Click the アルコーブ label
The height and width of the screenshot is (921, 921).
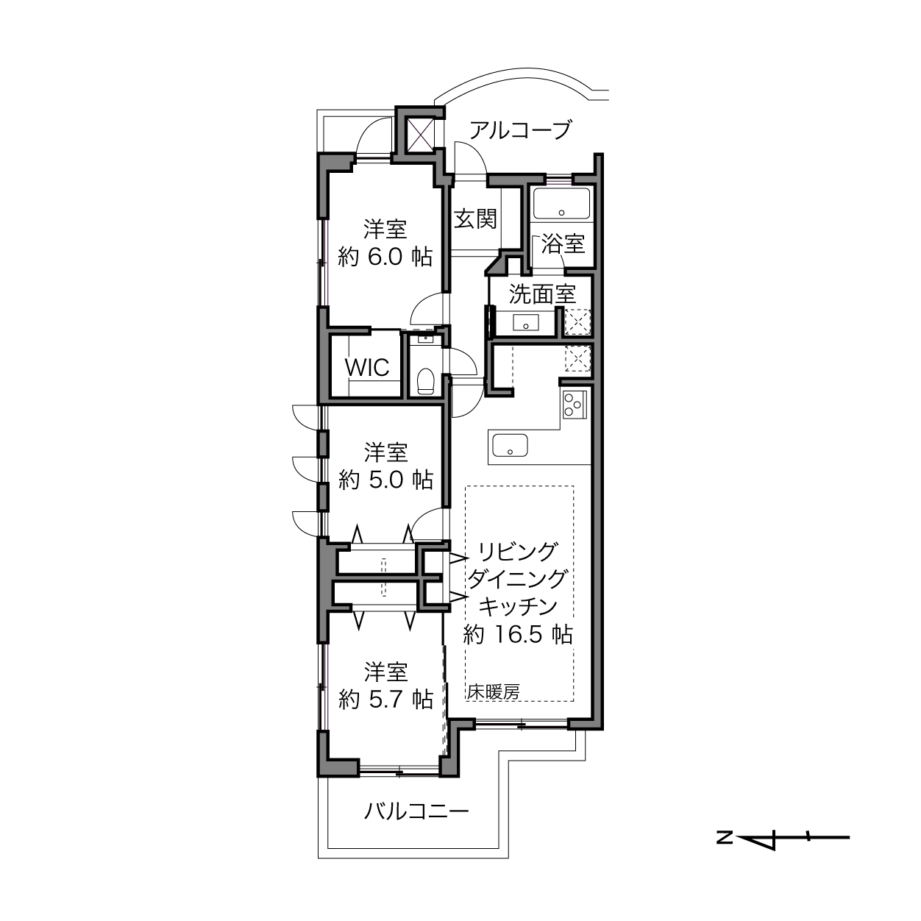coord(520,129)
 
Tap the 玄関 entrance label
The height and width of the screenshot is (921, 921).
coord(475,219)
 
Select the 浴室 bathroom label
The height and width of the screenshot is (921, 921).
coord(563,244)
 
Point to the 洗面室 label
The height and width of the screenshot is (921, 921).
coord(542,294)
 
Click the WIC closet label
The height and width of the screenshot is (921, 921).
coord(367,368)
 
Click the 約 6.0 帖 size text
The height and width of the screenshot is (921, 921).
coord(385,257)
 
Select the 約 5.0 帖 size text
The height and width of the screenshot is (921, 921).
coord(385,480)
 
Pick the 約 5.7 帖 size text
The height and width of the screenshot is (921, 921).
coord(385,700)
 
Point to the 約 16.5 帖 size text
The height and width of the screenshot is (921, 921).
coord(518,635)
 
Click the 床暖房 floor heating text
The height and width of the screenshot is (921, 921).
coord(494,691)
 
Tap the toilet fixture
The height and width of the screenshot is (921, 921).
coord(425,381)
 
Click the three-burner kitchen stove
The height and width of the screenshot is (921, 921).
coord(575,405)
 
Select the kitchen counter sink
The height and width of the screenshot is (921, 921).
coord(510,445)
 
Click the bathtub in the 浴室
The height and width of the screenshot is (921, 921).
coord(561,203)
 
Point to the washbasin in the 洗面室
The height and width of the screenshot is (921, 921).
coord(526,322)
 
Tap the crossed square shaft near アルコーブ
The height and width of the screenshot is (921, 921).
coord(419,135)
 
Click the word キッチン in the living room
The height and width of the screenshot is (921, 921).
coord(518,606)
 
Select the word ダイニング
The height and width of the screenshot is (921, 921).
coord(517,579)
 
